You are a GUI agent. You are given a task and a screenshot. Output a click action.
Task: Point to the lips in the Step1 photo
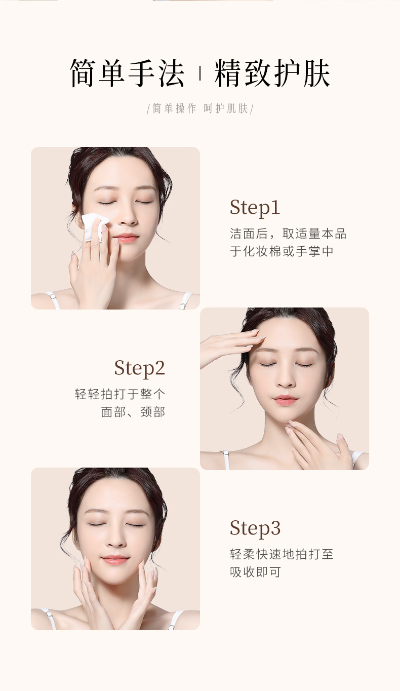126,238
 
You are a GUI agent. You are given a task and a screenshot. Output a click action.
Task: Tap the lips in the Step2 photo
285,400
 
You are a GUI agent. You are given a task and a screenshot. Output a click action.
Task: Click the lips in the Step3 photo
115,559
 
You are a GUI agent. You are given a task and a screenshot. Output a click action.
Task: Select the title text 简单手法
127,73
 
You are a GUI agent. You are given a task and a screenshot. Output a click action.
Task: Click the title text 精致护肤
272,73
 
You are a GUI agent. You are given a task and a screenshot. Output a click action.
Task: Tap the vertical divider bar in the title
200,73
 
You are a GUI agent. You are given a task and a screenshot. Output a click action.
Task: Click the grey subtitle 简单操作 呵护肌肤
200,108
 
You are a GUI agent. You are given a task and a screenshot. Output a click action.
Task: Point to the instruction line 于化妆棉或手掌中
282,251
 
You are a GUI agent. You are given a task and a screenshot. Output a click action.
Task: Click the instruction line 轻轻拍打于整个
120,394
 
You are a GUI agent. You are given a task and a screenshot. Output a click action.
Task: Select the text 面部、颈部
133,412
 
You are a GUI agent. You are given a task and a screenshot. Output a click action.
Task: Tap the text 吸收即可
255,572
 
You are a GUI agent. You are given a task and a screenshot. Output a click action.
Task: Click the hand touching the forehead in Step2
231,347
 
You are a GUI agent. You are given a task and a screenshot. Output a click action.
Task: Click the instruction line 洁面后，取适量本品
288,234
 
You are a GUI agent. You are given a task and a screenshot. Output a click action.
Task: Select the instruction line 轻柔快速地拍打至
282,554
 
